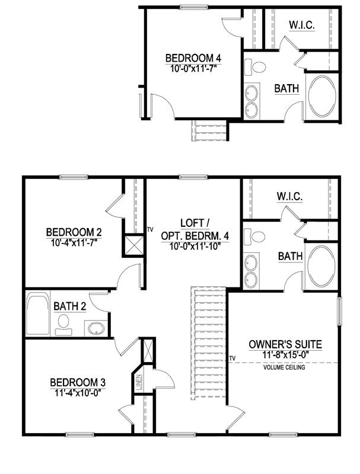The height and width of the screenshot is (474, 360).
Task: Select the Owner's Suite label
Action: (285, 344)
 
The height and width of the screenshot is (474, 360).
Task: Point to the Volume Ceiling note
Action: (285, 367)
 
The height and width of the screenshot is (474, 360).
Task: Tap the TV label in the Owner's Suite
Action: (232, 358)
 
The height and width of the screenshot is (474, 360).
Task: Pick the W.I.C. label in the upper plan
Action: (301, 25)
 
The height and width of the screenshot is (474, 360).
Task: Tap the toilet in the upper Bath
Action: (258, 68)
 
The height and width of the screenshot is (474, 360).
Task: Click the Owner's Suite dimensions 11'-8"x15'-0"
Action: (285, 354)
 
